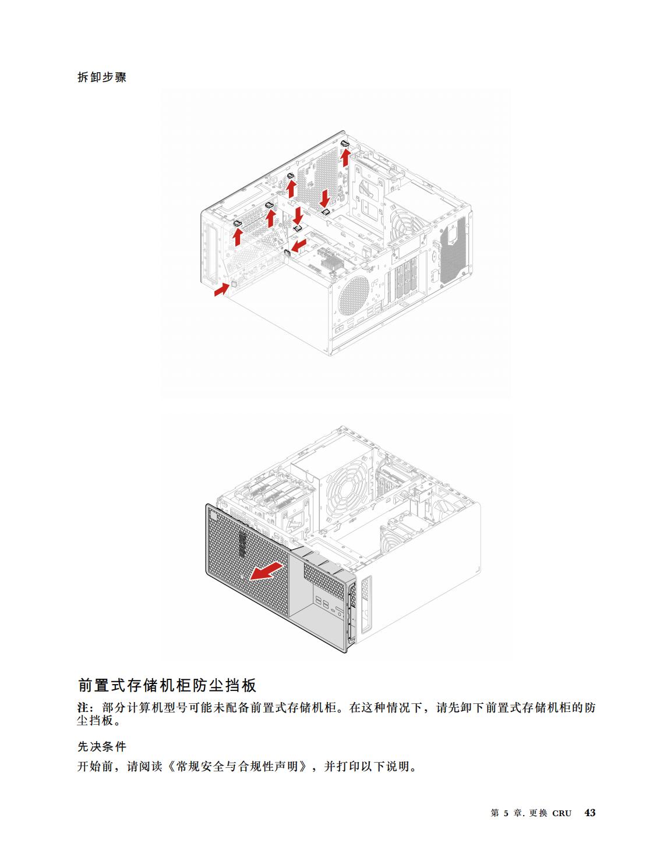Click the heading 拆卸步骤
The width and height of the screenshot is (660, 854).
[102, 77]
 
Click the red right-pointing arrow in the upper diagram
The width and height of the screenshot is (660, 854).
[221, 289]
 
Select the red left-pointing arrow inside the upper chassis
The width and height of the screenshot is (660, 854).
[299, 246]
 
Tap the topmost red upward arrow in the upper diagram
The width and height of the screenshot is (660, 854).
[345, 157]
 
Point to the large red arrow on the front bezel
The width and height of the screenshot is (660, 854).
[267, 572]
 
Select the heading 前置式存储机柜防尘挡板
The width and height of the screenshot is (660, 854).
[167, 685]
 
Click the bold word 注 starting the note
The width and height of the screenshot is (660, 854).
[83, 708]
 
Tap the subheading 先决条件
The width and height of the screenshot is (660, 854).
[102, 746]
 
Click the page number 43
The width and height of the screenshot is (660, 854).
[590, 813]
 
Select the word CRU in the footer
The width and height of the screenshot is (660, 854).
[562, 813]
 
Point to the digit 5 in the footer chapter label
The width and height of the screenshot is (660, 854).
[506, 813]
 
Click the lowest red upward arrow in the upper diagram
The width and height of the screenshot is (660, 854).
[238, 236]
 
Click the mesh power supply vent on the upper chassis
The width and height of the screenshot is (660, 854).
[453, 250]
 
